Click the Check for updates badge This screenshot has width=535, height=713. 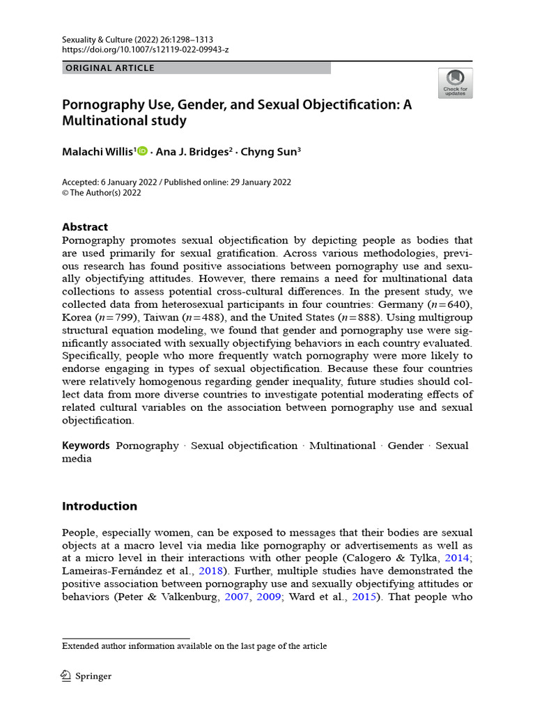(x=455, y=83)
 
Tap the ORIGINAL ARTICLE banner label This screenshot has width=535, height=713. (x=109, y=68)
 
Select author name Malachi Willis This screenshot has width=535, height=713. (x=98, y=151)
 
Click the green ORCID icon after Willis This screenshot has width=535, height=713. (x=143, y=151)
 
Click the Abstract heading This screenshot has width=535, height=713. (x=85, y=227)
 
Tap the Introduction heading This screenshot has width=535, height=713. (x=100, y=506)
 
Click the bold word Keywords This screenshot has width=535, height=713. (x=86, y=446)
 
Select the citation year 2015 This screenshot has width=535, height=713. (x=362, y=597)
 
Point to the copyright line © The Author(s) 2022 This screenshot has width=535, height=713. (x=102, y=193)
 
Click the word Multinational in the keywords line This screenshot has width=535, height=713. (x=342, y=446)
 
